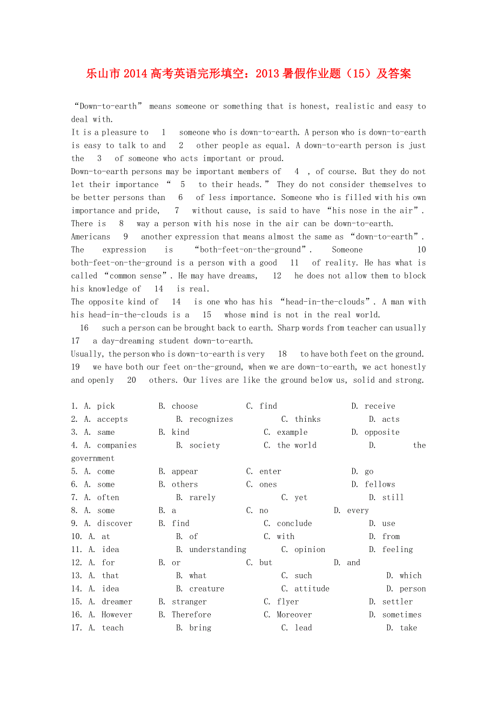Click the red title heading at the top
(x=249, y=74)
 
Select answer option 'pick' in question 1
(x=106, y=406)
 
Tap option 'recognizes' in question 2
(x=211, y=419)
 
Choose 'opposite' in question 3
(x=382, y=432)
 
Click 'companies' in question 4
(x=117, y=445)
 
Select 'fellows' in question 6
(x=380, y=484)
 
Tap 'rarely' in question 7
(x=202, y=497)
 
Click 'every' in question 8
(x=358, y=510)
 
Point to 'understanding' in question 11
(x=218, y=549)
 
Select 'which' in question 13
(x=411, y=575)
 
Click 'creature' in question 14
(x=206, y=589)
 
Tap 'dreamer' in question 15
(x=117, y=602)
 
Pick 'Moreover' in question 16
(x=294, y=615)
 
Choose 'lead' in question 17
(x=303, y=628)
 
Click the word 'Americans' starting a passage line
(x=91, y=237)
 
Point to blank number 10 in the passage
(x=421, y=250)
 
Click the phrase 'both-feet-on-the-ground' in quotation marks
(x=251, y=250)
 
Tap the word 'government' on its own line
(x=93, y=459)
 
